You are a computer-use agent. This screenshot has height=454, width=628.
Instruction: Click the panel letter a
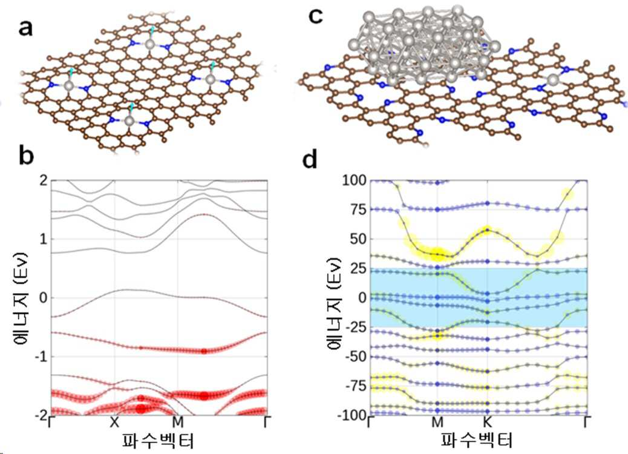25,29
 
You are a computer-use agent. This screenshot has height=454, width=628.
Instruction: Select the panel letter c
316,17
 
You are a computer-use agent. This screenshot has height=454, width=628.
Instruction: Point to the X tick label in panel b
114,422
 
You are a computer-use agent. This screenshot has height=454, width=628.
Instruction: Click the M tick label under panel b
178,422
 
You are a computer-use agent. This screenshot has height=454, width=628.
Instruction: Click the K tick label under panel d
487,422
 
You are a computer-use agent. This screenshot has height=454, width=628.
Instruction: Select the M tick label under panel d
437,422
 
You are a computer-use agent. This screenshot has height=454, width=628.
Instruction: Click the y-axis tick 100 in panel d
354,180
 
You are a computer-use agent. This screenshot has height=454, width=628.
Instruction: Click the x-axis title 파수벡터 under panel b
158,440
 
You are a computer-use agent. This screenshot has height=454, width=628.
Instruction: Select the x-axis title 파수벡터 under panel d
477,440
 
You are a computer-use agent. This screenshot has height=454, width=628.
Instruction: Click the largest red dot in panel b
140,409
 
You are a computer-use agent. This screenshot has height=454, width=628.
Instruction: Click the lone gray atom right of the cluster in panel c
553,79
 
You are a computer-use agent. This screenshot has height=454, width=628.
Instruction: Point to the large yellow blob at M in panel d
438,253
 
